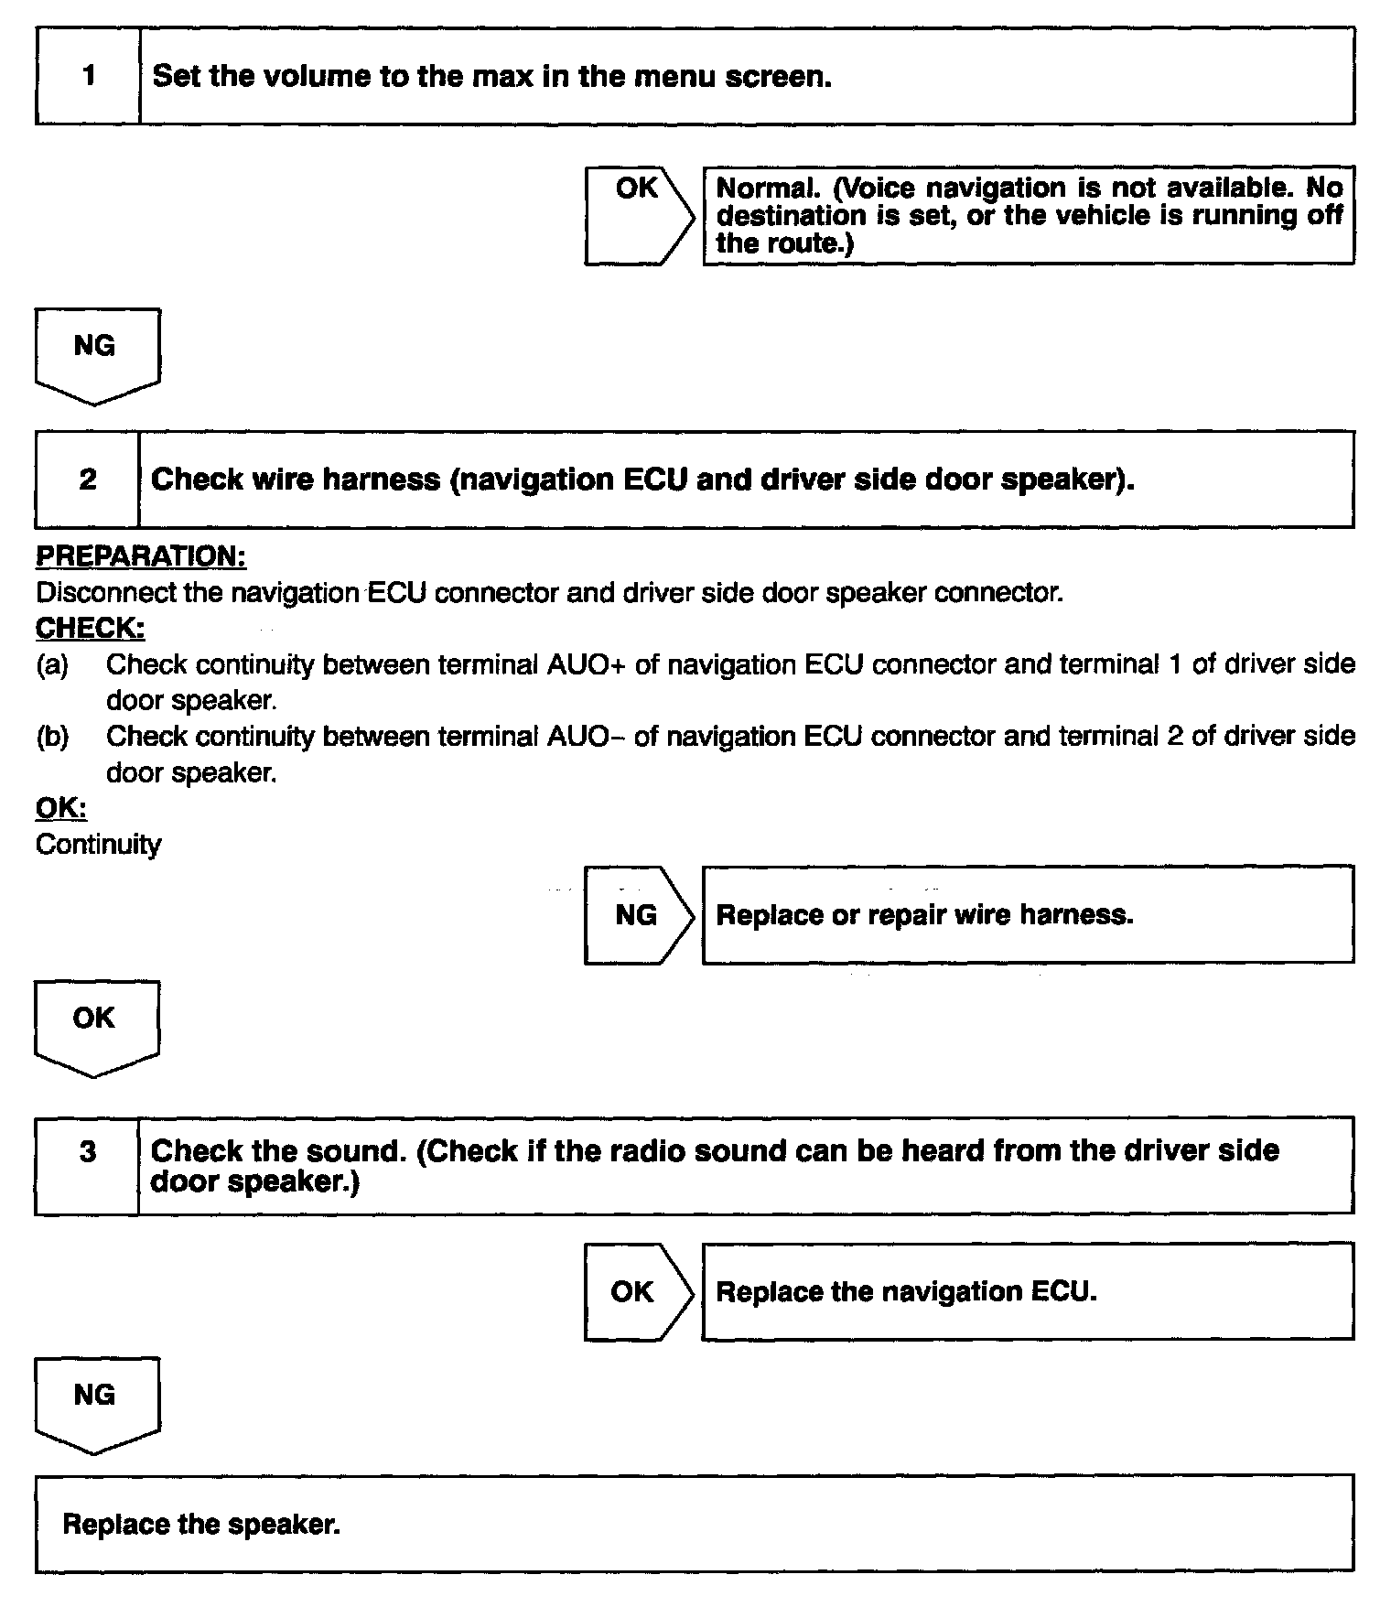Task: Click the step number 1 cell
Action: point(88,76)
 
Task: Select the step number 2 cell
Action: point(88,480)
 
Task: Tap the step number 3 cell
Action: point(88,1151)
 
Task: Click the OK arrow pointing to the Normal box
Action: point(639,216)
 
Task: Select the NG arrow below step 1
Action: point(96,352)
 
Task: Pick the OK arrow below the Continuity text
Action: point(96,1023)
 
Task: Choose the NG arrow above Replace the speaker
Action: point(96,1400)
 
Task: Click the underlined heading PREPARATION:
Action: point(141,556)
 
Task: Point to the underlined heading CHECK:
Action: point(90,629)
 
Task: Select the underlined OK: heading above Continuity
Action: point(61,808)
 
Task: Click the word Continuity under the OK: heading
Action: point(98,844)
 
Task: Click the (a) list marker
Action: point(52,664)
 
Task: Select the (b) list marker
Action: point(52,737)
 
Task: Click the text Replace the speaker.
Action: point(201,1524)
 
